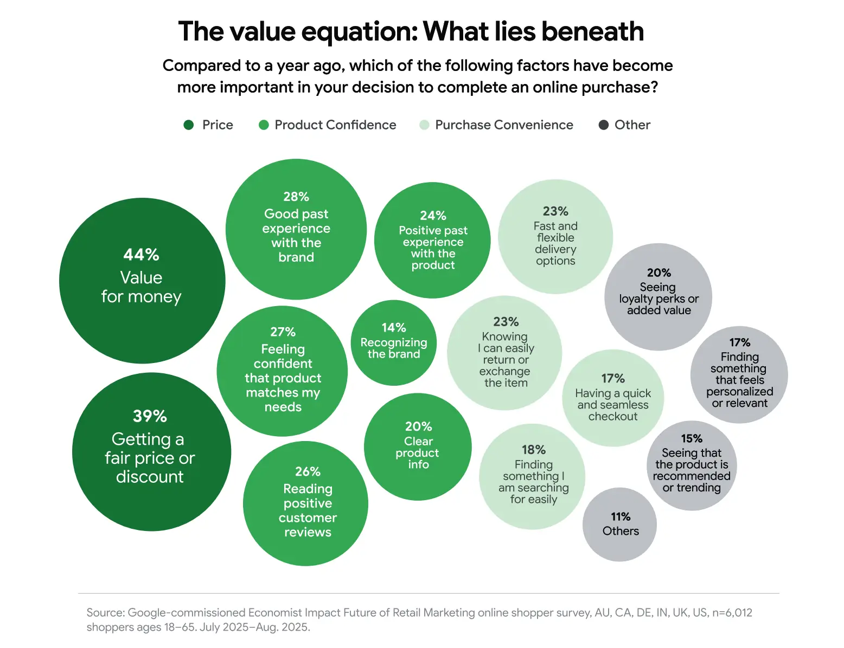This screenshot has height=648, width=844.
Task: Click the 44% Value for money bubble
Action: pos(142,280)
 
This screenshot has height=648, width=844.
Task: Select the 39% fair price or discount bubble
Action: pos(151,451)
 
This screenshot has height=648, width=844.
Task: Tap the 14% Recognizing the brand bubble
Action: pos(394,342)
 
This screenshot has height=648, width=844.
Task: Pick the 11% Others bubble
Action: pos(619,524)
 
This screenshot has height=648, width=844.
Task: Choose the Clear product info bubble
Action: pos(418,446)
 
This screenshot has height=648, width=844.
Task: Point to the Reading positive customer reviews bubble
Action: pos(306,503)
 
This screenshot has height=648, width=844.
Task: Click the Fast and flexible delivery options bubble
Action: pos(555,237)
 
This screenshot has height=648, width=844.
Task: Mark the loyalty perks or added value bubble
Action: pos(658,296)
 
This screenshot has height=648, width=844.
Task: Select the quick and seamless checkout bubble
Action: pos(613,398)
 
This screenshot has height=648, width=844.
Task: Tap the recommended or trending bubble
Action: pos(692,465)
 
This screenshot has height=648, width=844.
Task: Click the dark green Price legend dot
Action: pos(189,125)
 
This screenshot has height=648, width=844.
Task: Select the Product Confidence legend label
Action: pos(335,125)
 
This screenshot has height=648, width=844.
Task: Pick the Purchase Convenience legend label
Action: pos(504,125)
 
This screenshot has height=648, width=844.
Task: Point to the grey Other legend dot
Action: pos(603,125)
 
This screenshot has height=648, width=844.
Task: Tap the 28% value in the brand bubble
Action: pos(296,197)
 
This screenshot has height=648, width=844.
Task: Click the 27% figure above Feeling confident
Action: pos(283,332)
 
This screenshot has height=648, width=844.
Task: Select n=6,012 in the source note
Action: pos(732,613)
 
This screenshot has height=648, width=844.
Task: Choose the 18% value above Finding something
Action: pos(534,450)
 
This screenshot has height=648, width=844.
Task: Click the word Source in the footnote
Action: pos(105,613)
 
